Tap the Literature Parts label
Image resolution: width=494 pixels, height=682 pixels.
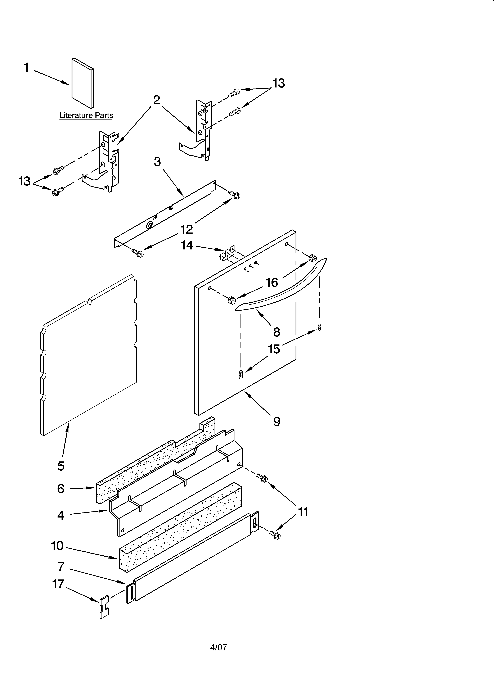[86, 116]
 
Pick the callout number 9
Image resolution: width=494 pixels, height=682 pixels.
[277, 422]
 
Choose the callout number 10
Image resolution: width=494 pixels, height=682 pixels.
[57, 546]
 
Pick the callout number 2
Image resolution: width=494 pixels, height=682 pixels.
[156, 100]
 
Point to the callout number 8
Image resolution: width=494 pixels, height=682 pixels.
[277, 332]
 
